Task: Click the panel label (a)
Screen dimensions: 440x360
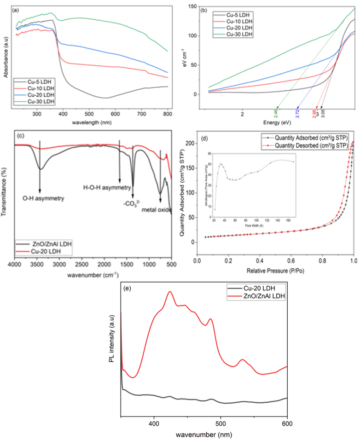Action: pos(9,6)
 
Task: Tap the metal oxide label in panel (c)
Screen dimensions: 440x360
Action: pos(156,210)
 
